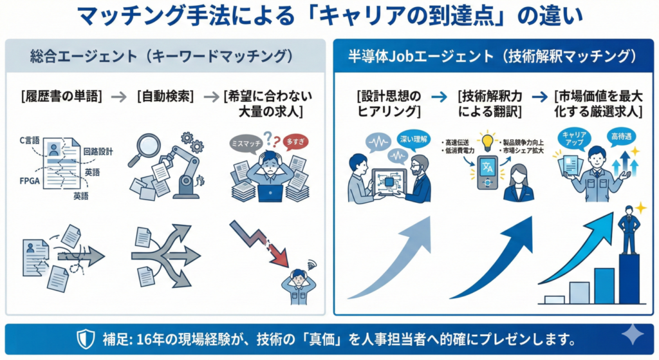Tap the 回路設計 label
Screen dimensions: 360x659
pos(98,152)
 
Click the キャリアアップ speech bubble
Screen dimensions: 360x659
pos(572,137)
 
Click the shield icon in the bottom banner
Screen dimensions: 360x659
pos(86,339)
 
